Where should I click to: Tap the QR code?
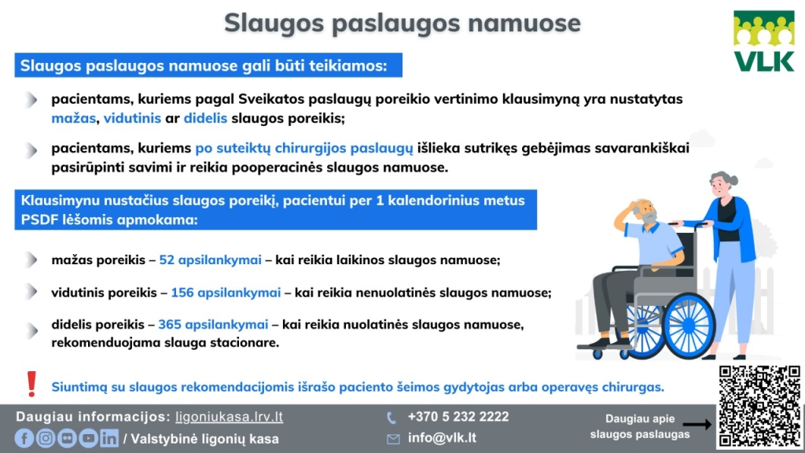(x=758, y=406)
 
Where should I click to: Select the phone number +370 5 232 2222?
(x=458, y=417)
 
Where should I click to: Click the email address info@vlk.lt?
(x=442, y=438)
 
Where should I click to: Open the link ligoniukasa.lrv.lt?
(x=229, y=417)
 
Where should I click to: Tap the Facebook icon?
(x=24, y=439)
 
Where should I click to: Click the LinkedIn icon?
(x=109, y=439)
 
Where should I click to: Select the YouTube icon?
(x=88, y=439)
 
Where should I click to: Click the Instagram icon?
(x=46, y=439)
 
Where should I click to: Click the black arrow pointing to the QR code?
(x=697, y=425)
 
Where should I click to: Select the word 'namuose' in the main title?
(x=524, y=23)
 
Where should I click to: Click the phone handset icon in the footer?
(x=391, y=418)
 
